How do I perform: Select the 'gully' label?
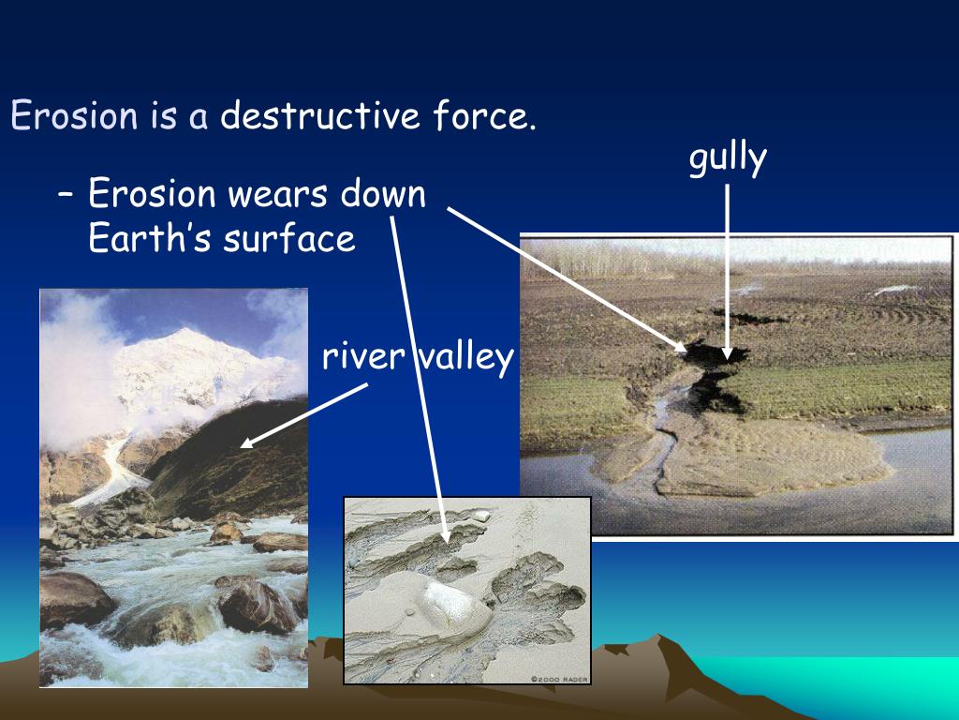coord(728,158)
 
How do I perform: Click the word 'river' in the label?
coord(362,356)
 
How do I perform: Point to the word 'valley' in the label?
coord(465,356)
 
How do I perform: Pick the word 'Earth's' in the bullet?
coord(150,238)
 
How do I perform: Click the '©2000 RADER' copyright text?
coord(559,678)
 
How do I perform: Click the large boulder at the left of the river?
coord(75,600)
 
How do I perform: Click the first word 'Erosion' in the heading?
coord(73,117)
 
